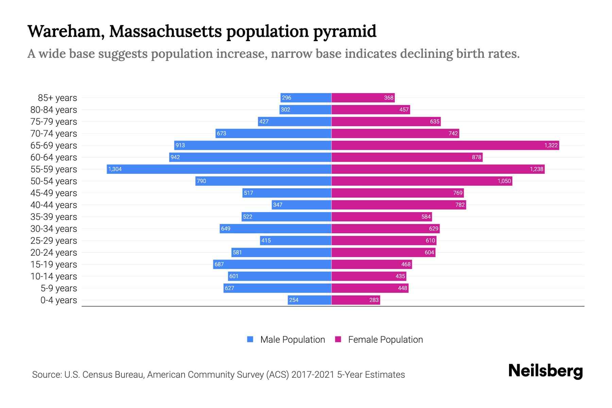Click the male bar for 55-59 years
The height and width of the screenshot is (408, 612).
(x=219, y=169)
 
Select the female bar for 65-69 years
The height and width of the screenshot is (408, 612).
(x=445, y=145)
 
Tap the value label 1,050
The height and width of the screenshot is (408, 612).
(x=504, y=181)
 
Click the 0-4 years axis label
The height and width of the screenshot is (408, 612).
(x=58, y=300)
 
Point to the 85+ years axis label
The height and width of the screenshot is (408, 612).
(x=57, y=98)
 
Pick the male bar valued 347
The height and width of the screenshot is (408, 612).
(x=302, y=205)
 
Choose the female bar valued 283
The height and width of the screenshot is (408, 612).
(x=356, y=300)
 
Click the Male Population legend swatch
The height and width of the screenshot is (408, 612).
(x=250, y=339)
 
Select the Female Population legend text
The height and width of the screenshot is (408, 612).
(x=385, y=339)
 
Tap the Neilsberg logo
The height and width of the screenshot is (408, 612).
(x=545, y=371)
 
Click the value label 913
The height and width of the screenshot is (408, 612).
(x=180, y=145)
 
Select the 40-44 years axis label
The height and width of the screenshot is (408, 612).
(x=54, y=205)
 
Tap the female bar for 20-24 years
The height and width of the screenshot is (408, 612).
(x=383, y=252)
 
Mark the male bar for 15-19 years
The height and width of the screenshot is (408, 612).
(x=272, y=264)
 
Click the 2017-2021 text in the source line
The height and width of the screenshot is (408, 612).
(x=313, y=375)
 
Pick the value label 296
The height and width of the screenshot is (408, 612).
(x=287, y=98)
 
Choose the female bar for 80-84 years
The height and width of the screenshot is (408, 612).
(x=371, y=109)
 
